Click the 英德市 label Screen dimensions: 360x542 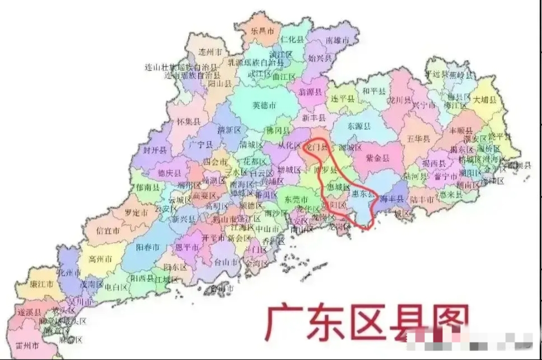point(264,105)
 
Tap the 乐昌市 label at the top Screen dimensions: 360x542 point(262,31)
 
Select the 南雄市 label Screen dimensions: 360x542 point(337,41)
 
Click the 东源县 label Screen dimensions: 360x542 point(360,126)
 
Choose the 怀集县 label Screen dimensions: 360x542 point(188,121)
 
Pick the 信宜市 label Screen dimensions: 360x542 point(108,231)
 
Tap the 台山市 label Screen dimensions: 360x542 point(225,261)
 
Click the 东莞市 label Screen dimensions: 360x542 point(296,200)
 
